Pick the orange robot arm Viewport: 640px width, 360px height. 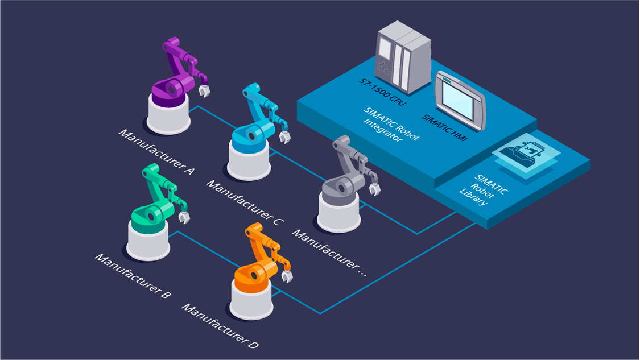pos(261,261)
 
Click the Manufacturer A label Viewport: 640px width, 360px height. pos(156,152)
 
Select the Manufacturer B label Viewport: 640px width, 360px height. pos(133,276)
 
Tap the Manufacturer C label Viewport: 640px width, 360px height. pos(245,202)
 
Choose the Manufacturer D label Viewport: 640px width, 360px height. pos(220,326)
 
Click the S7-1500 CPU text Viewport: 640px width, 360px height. pos(382,92)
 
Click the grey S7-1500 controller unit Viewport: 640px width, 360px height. pos(403,57)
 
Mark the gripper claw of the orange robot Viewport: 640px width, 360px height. pos(287,276)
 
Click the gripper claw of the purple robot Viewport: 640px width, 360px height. pos(204,90)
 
